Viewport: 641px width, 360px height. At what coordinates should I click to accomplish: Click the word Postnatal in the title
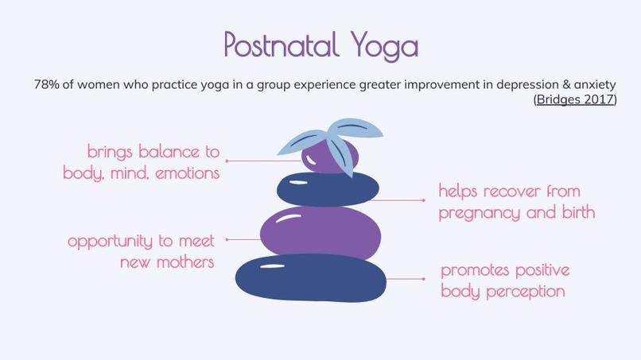click(270, 45)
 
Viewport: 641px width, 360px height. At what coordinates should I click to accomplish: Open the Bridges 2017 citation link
click(574, 99)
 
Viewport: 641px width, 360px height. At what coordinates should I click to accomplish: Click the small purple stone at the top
click(326, 157)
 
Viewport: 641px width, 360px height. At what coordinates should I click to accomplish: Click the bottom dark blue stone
click(310, 279)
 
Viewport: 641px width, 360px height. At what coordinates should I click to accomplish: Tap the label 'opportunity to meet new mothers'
click(142, 250)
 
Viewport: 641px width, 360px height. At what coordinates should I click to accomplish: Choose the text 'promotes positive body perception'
click(504, 281)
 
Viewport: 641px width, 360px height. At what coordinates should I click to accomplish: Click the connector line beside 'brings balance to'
click(262, 161)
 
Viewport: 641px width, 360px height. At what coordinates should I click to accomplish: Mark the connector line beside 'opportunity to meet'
click(243, 238)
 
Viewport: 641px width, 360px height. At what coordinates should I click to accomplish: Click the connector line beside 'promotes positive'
click(404, 279)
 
